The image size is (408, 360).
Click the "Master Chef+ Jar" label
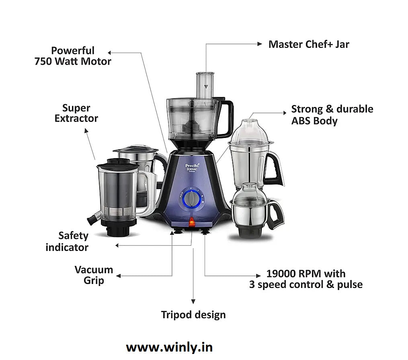pos(308,44)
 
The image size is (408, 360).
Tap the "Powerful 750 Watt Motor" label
pos(73,56)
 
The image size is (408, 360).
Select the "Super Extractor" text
pos(76,113)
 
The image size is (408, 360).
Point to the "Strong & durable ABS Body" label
pos(332,115)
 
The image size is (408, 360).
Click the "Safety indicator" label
pos(67,241)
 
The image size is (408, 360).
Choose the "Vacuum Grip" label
pos(94,275)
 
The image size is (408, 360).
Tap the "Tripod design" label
pos(193,315)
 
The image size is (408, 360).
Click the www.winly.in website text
pos(169,347)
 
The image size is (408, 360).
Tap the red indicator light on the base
pos(192,220)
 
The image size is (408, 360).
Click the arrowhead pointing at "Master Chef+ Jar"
pos(260,44)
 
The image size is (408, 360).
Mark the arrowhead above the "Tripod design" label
pos(193,301)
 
